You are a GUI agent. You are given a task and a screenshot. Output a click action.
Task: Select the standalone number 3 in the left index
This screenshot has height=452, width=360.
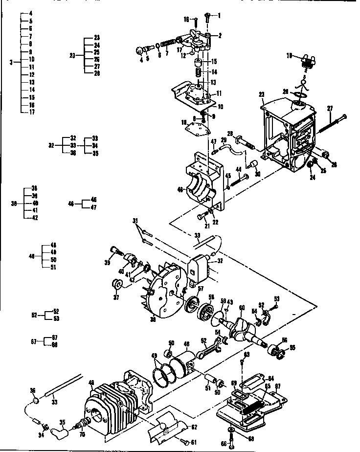click(10, 62)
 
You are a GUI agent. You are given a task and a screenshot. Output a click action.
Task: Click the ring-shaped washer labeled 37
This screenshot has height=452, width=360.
click(117, 284)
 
